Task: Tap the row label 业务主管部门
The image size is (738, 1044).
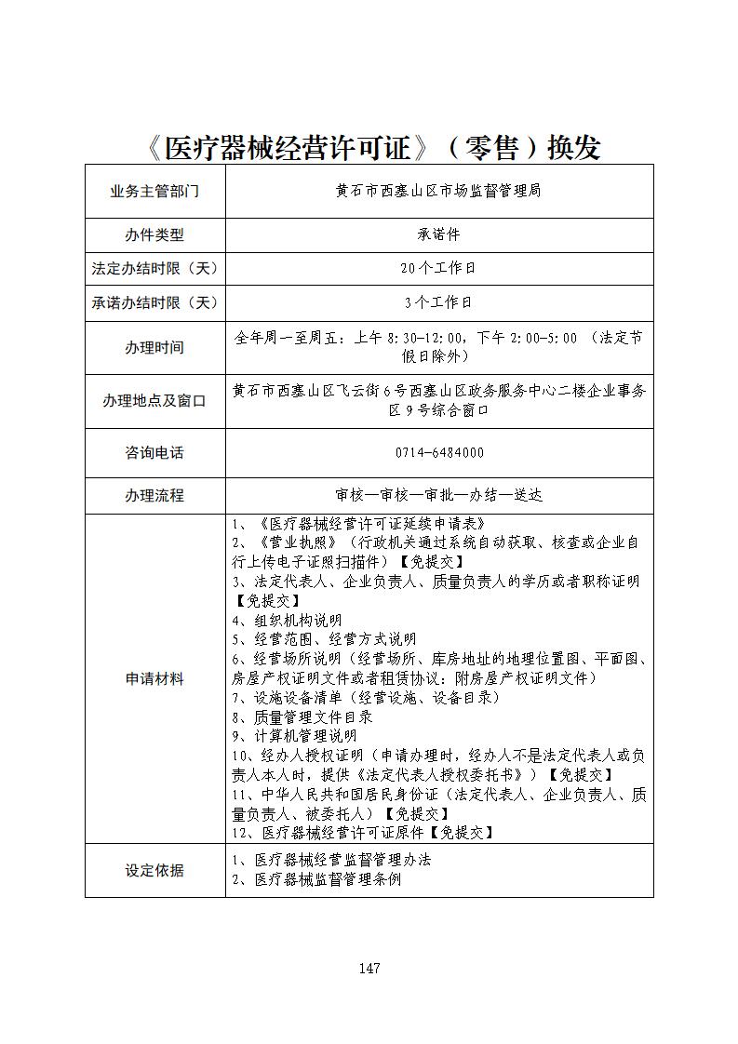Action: click(x=154, y=192)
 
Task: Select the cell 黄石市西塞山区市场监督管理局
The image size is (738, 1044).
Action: click(x=438, y=192)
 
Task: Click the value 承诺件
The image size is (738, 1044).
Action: click(x=438, y=234)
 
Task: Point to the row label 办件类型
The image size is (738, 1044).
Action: click(x=154, y=234)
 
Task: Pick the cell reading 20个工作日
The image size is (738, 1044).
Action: click(x=438, y=268)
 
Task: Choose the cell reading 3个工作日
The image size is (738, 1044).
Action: click(x=438, y=302)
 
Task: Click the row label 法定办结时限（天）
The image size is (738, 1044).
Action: click(x=154, y=268)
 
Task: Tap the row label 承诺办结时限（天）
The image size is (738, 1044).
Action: click(x=154, y=302)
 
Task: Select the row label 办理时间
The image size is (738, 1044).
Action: click(x=154, y=347)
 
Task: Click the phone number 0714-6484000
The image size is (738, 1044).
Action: click(x=439, y=452)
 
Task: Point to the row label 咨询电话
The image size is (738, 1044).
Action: click(x=154, y=452)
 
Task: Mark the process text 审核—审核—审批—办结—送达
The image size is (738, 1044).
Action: click(x=438, y=495)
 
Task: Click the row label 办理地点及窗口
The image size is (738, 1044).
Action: click(x=154, y=400)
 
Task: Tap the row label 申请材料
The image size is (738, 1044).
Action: click(x=154, y=678)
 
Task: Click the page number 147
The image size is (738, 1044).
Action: click(x=369, y=968)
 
